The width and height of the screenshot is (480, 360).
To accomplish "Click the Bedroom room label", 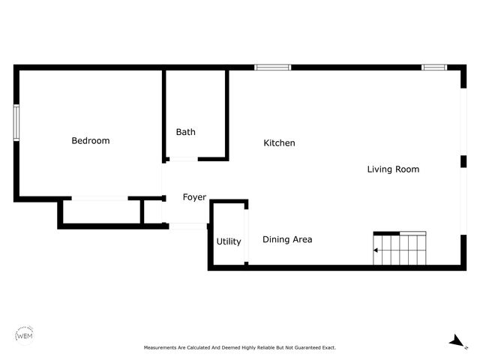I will [x=90, y=141].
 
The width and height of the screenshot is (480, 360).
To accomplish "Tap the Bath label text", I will [x=185, y=132].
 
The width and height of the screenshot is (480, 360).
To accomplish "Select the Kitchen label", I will [x=279, y=143].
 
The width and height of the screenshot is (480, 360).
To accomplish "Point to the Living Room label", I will [x=392, y=169].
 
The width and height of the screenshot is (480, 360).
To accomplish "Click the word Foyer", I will [x=194, y=197].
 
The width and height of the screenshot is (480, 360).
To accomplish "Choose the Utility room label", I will [x=229, y=241].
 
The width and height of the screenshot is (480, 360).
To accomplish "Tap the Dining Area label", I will [x=287, y=240].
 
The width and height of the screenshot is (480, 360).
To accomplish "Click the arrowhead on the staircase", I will [x=376, y=250].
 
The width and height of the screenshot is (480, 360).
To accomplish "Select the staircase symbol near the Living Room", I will [x=400, y=249].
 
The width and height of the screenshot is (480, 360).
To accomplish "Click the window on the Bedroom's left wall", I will [x=16, y=122].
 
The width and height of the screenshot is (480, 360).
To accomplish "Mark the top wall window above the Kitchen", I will [x=272, y=67].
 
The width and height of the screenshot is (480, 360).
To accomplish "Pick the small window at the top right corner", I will [x=433, y=67].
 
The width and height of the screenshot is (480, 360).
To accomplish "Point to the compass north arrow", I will [x=455, y=341].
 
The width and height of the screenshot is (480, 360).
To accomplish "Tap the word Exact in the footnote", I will [x=328, y=348].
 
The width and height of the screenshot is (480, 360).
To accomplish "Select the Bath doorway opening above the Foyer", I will [x=183, y=159].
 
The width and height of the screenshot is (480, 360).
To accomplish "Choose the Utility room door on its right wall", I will [x=247, y=232].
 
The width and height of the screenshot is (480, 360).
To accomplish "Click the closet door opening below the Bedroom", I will [x=99, y=199].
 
